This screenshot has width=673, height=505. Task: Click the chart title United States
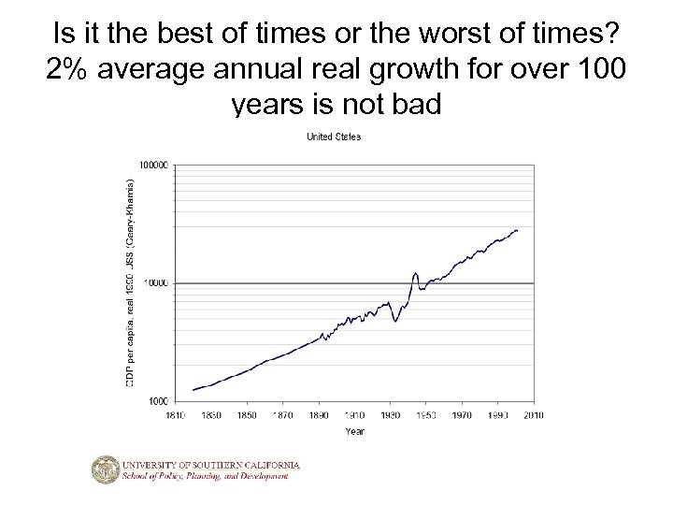click(335, 137)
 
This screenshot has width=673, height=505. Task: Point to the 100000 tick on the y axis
click(155, 165)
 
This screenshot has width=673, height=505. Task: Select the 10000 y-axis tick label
click(157, 282)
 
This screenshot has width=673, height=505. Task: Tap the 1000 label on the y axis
click(160, 400)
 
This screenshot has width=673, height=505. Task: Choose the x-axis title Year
click(355, 431)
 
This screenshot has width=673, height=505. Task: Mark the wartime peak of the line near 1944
click(415, 273)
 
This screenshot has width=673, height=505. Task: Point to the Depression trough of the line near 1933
click(395, 322)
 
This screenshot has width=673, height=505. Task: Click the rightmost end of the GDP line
click(518, 230)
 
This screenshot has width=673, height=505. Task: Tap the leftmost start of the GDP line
click(193, 390)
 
